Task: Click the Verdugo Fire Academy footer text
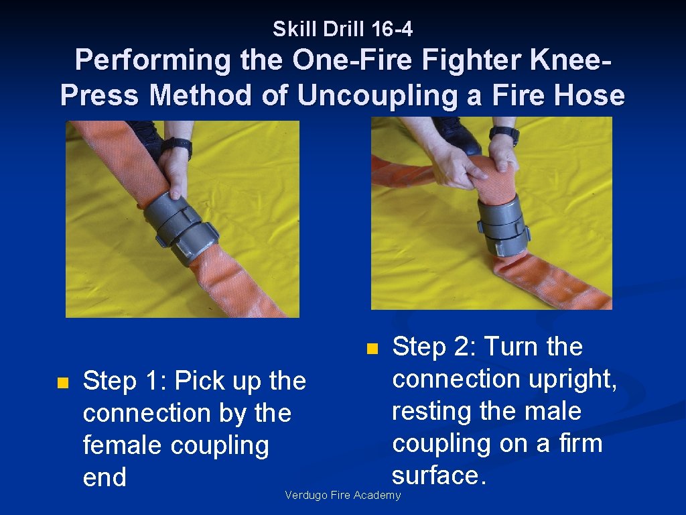342,496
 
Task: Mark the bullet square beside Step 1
62,382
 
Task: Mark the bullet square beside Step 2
372,349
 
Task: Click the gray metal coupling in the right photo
502,225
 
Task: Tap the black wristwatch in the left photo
177,146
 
